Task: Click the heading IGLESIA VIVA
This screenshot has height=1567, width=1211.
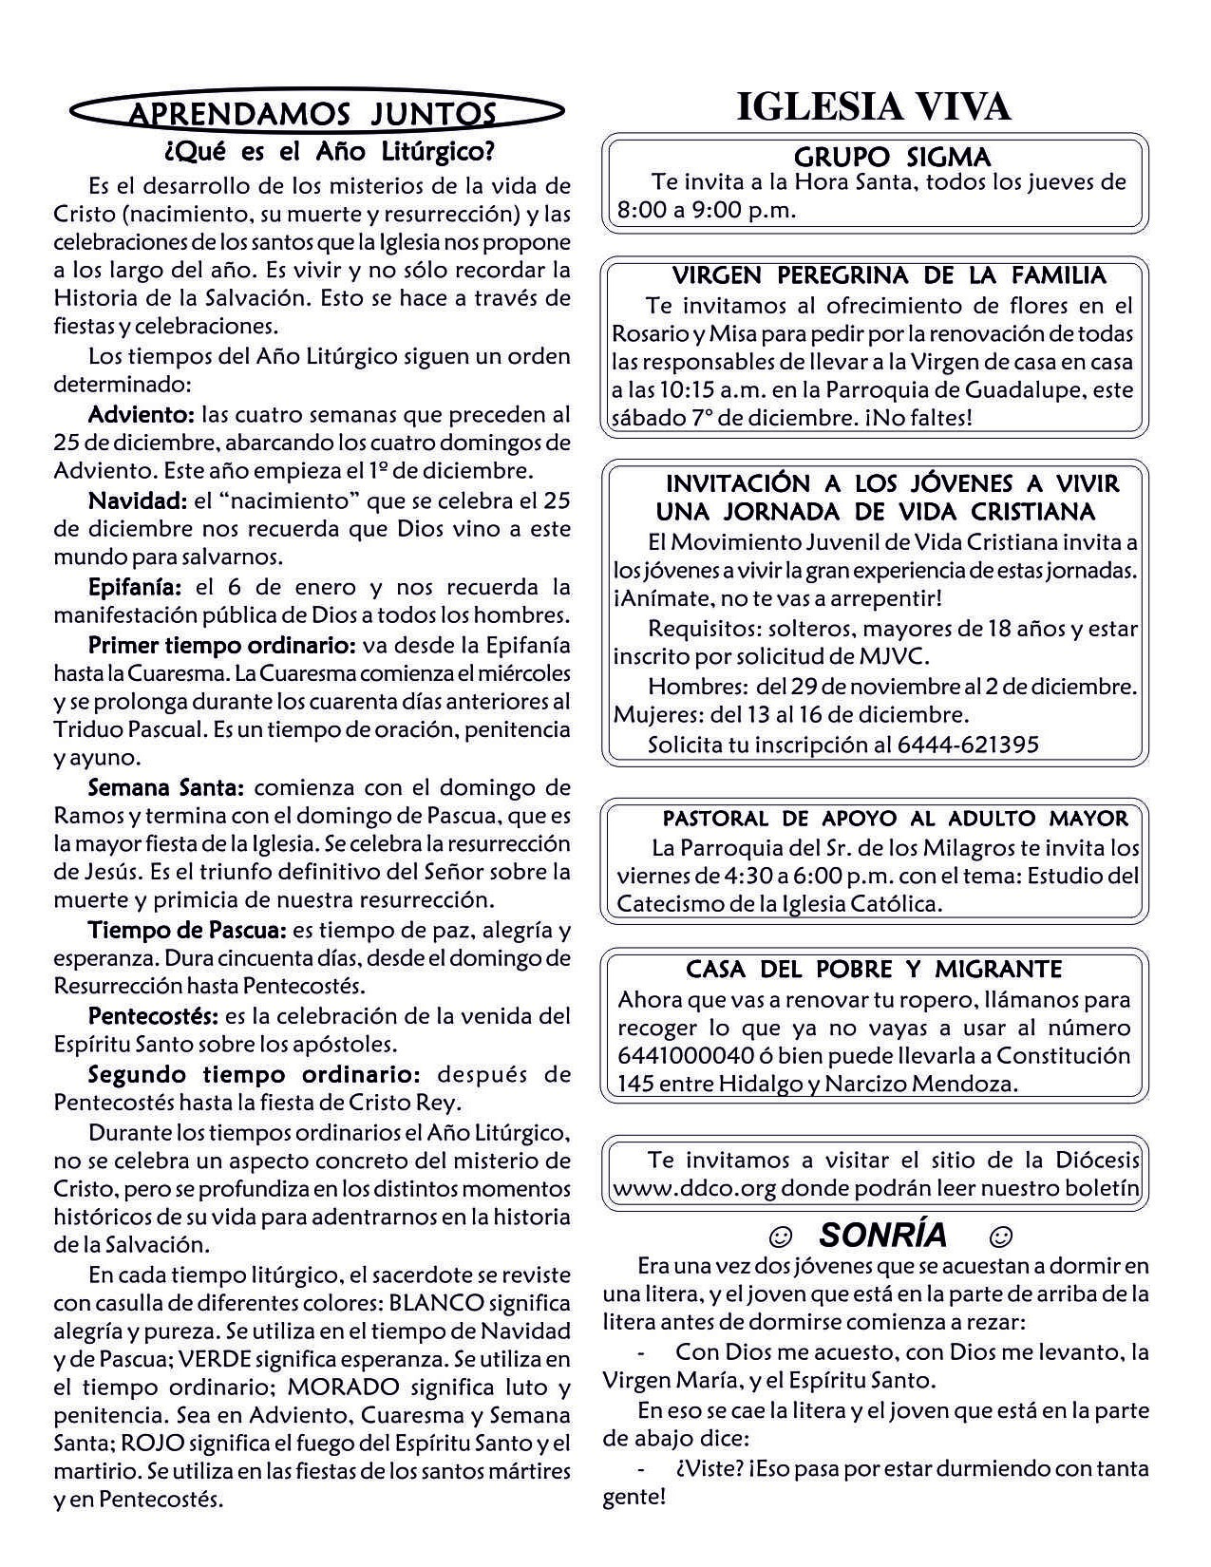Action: [x=874, y=108]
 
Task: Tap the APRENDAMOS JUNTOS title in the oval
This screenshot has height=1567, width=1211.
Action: [x=312, y=115]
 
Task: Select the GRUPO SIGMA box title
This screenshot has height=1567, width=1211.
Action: [x=892, y=157]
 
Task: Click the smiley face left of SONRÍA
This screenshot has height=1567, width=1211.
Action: [x=780, y=1237]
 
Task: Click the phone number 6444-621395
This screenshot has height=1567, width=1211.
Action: [x=968, y=745]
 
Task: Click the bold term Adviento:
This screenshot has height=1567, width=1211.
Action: [x=142, y=414]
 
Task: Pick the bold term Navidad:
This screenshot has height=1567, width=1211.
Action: [x=138, y=500]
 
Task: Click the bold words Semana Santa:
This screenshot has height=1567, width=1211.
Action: [x=167, y=787]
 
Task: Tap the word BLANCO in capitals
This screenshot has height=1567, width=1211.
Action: [x=437, y=1302]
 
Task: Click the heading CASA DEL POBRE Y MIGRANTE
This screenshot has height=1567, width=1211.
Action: [x=874, y=970]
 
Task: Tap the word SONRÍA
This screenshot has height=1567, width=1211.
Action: [x=882, y=1235]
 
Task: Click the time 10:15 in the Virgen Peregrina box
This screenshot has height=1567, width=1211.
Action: [x=680, y=389]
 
